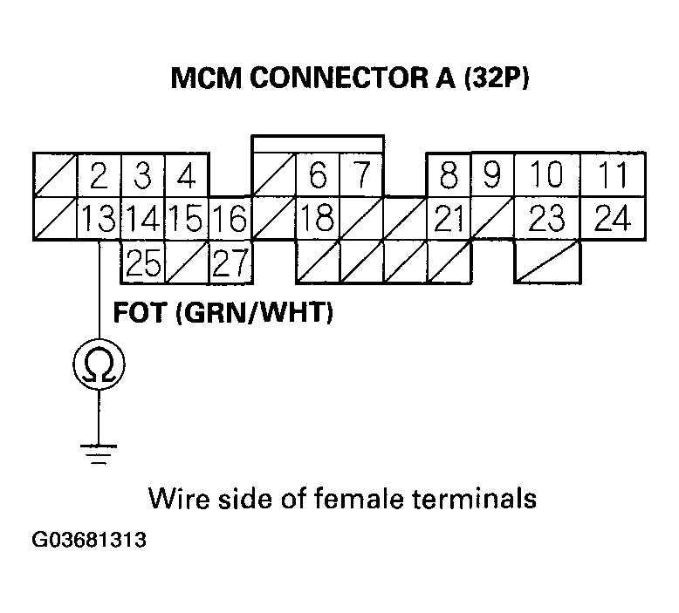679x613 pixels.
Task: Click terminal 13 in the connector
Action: tap(98, 219)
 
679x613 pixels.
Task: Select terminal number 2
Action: tap(98, 177)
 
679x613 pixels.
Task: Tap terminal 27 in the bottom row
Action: tap(230, 262)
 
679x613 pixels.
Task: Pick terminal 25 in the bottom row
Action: tap(142, 262)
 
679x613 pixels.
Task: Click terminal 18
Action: tap(318, 219)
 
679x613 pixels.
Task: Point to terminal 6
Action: tap(318, 177)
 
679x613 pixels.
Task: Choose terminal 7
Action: tap(361, 177)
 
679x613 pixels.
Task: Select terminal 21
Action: tap(449, 219)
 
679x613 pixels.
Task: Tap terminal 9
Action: tap(492, 177)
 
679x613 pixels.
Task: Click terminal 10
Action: tap(547, 177)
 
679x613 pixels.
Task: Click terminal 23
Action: tap(547, 219)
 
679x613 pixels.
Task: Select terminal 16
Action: tap(230, 219)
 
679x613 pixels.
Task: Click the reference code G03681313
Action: tap(88, 540)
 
